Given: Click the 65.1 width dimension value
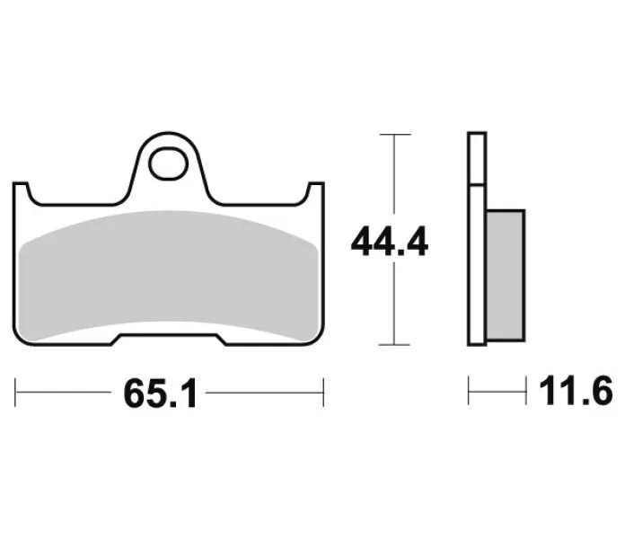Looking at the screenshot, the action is pos(160,393).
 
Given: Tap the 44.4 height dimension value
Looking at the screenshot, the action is pos(390,242).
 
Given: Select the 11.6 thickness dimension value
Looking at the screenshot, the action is pos(576,391).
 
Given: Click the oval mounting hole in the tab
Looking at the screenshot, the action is pos(169,163).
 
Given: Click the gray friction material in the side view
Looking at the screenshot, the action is pos(506,276).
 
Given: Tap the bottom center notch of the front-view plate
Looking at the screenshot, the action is pos(169,340).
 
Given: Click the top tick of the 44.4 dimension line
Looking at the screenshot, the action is pos(394,135).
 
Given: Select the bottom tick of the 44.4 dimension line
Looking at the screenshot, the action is pos(394,344).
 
